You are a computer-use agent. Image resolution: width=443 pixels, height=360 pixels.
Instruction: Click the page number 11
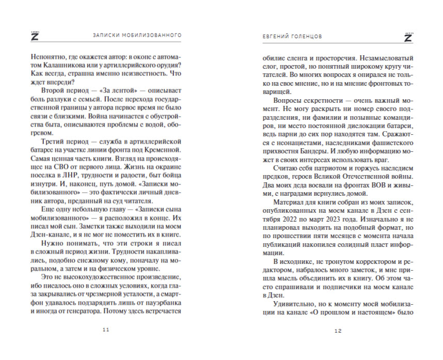tap(105, 330)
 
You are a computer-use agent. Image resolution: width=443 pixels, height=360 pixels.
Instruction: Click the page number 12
tap(338, 330)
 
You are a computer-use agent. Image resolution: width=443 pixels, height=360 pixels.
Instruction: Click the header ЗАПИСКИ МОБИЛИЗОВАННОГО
tap(137, 36)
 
